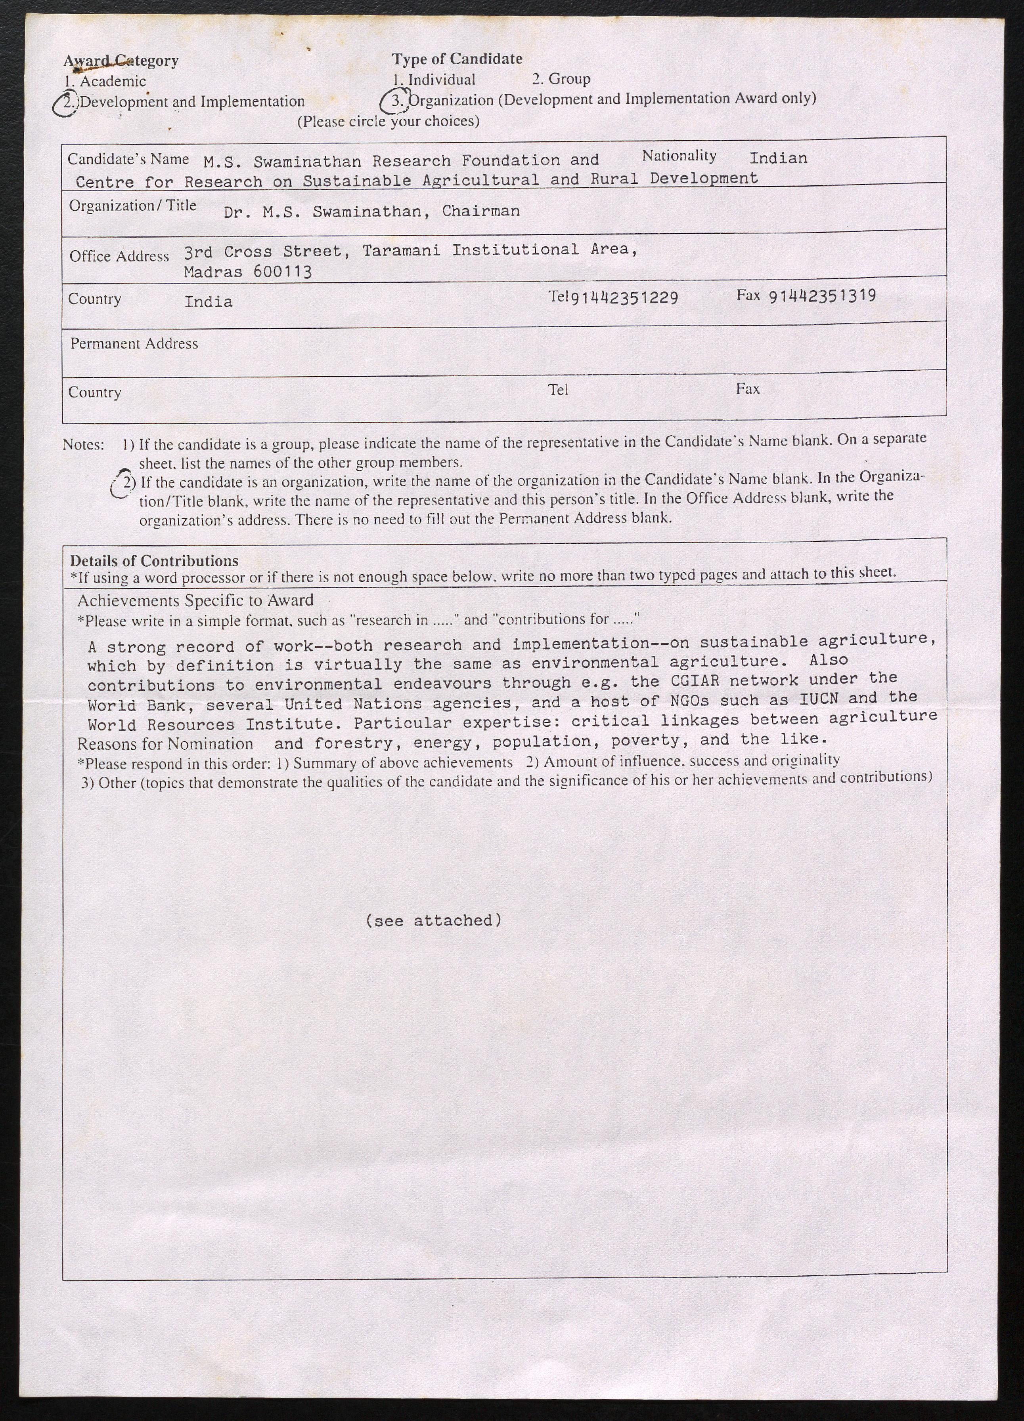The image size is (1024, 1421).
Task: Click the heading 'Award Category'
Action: pyautogui.click(x=121, y=61)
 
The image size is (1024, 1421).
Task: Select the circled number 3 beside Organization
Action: pyautogui.click(x=397, y=100)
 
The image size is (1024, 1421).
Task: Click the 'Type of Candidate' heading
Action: pyautogui.click(x=457, y=59)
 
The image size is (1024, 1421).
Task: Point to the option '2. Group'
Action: pyautogui.click(x=561, y=79)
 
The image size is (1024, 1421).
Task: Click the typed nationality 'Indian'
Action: pyautogui.click(x=778, y=158)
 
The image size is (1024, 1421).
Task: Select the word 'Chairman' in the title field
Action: pyautogui.click(x=480, y=211)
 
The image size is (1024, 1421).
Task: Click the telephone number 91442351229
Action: pyautogui.click(x=624, y=297)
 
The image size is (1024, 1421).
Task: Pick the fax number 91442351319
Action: pyautogui.click(x=822, y=296)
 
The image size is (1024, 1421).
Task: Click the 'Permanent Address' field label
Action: pyautogui.click(x=134, y=343)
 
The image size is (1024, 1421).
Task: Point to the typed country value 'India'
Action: pyautogui.click(x=208, y=302)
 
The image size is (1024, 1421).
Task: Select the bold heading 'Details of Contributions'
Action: pyautogui.click(x=154, y=561)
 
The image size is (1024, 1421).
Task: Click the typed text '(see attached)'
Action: pyautogui.click(x=433, y=920)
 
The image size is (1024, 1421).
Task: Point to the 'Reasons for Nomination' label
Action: pyautogui.click(x=165, y=744)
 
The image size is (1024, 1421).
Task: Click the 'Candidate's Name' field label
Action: pyautogui.click(x=128, y=159)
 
